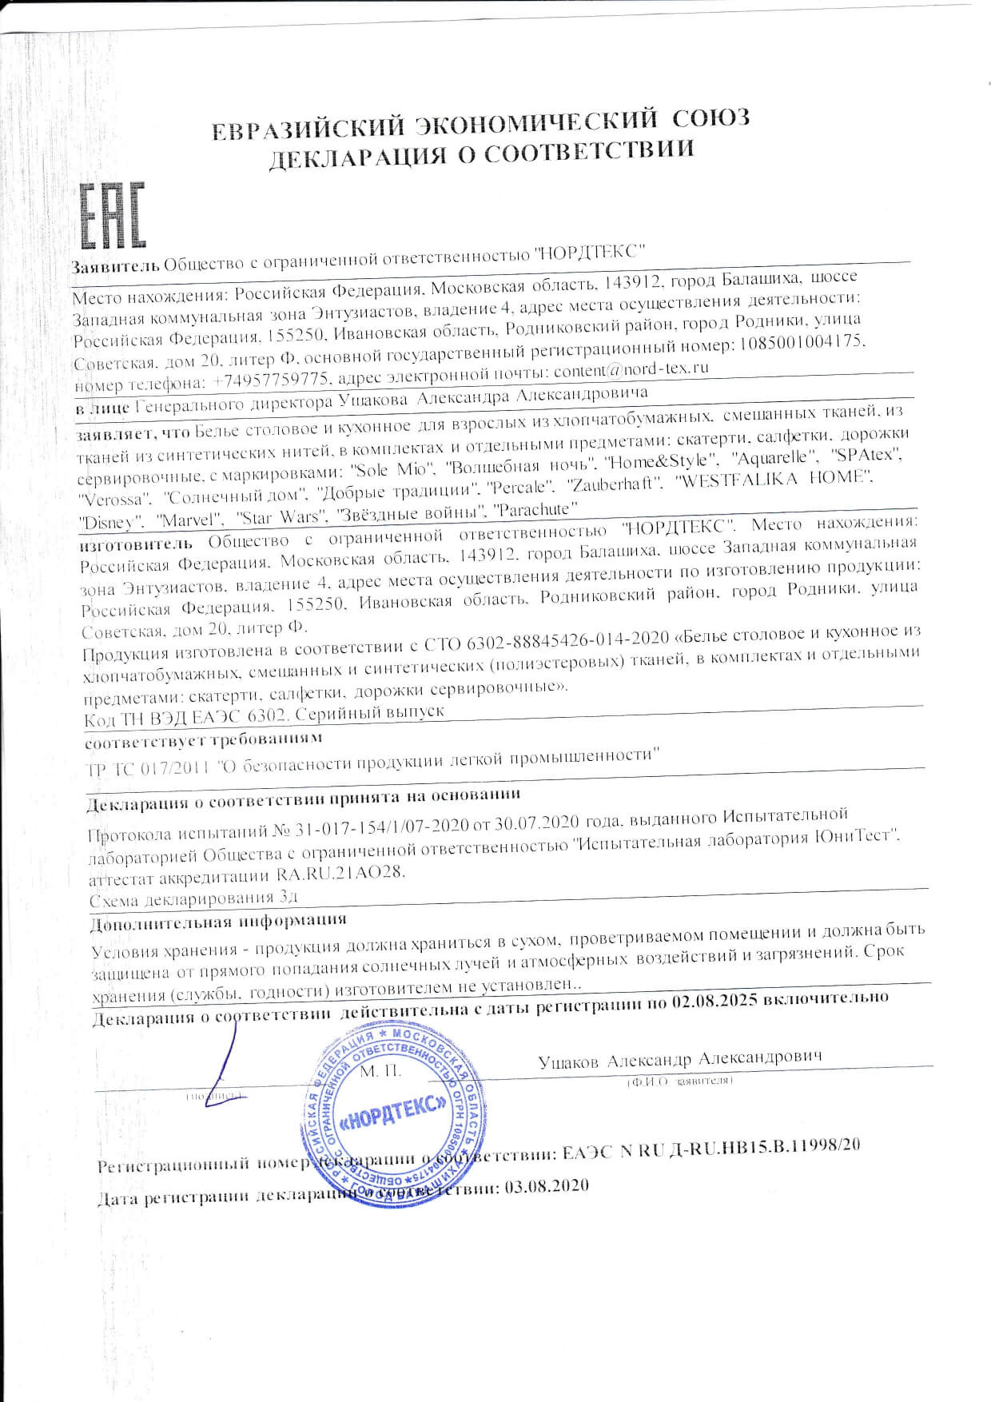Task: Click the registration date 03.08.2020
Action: tap(543, 1185)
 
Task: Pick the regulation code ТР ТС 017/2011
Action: tap(149, 769)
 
